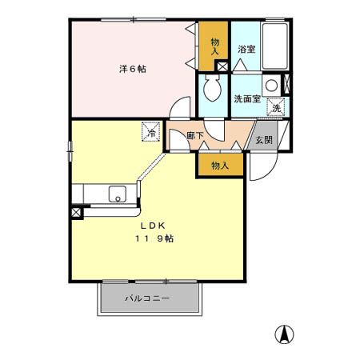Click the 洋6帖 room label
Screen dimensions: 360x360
[133, 68]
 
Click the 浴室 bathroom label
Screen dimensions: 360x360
[246, 49]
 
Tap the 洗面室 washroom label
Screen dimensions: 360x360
[247, 99]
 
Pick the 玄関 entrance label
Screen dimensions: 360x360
[265, 139]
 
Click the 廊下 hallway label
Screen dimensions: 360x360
[195, 136]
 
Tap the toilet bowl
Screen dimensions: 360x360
[214, 90]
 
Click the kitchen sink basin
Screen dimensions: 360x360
[118, 194]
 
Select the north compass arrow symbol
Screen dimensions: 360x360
[283, 334]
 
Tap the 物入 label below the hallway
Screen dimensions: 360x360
[220, 166]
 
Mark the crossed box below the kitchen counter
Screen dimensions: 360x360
[77, 213]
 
